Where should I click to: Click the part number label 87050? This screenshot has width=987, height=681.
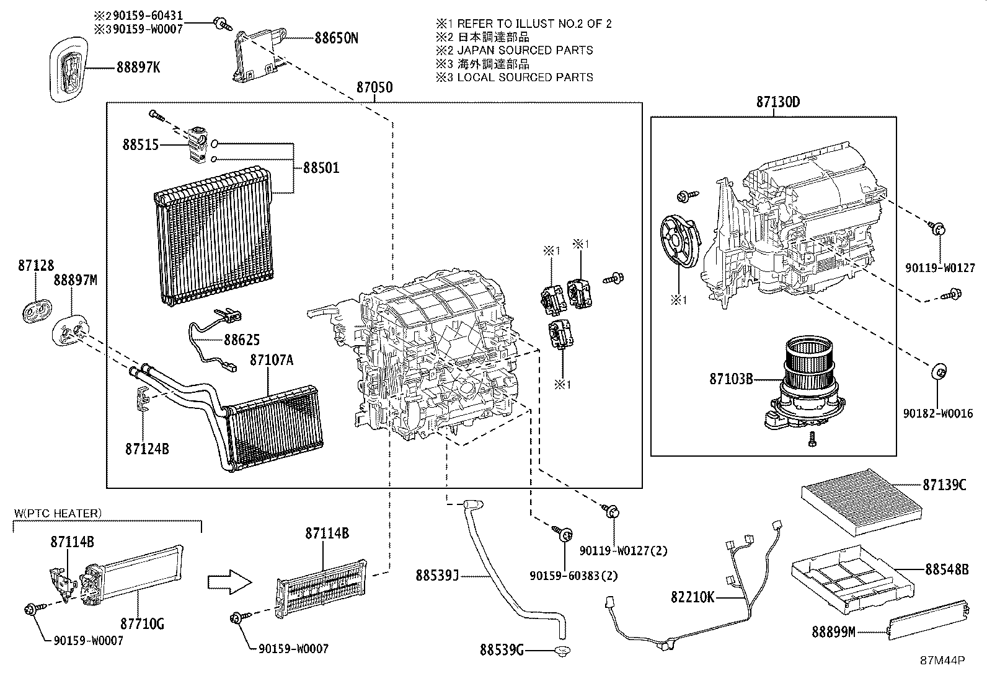[x=374, y=87]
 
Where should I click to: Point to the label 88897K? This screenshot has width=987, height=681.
[x=138, y=67]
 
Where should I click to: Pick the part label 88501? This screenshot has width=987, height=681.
[x=321, y=168]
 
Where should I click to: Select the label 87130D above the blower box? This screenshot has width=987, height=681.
[x=777, y=102]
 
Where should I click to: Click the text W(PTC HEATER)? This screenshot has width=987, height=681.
[x=57, y=513]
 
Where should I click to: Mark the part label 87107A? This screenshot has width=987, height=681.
[x=271, y=359]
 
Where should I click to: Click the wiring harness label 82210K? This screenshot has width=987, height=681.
[x=693, y=597]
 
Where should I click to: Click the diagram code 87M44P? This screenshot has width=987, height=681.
[x=943, y=661]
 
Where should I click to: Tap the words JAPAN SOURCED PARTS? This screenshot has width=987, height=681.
[x=524, y=50]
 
